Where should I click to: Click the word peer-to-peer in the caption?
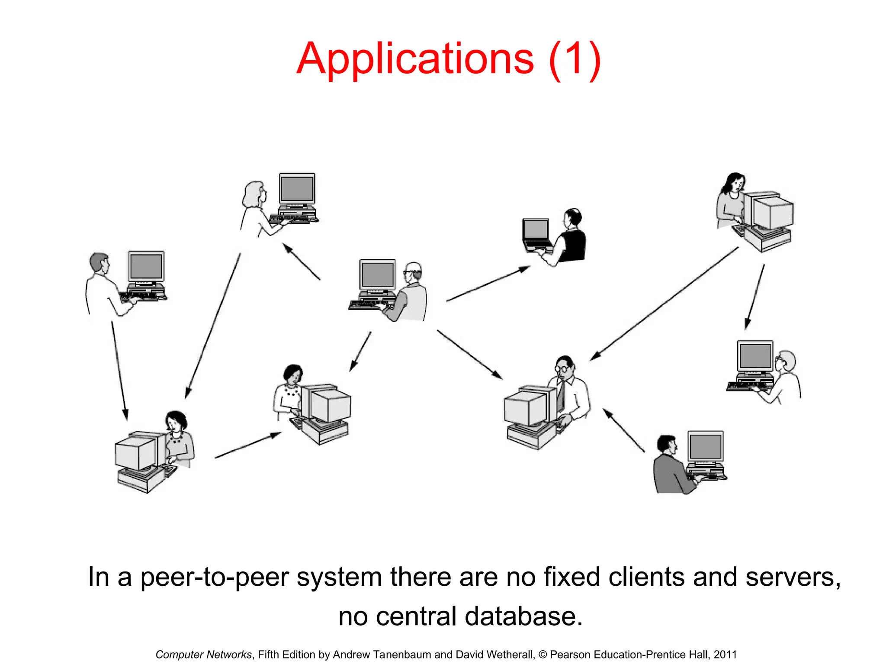point(215,577)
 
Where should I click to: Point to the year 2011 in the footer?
point(725,655)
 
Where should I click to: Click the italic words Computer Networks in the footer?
point(203,655)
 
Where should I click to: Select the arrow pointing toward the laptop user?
point(488,284)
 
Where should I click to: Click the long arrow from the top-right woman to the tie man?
point(664,303)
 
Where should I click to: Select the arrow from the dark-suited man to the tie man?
point(624,430)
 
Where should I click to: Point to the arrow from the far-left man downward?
point(119,370)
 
